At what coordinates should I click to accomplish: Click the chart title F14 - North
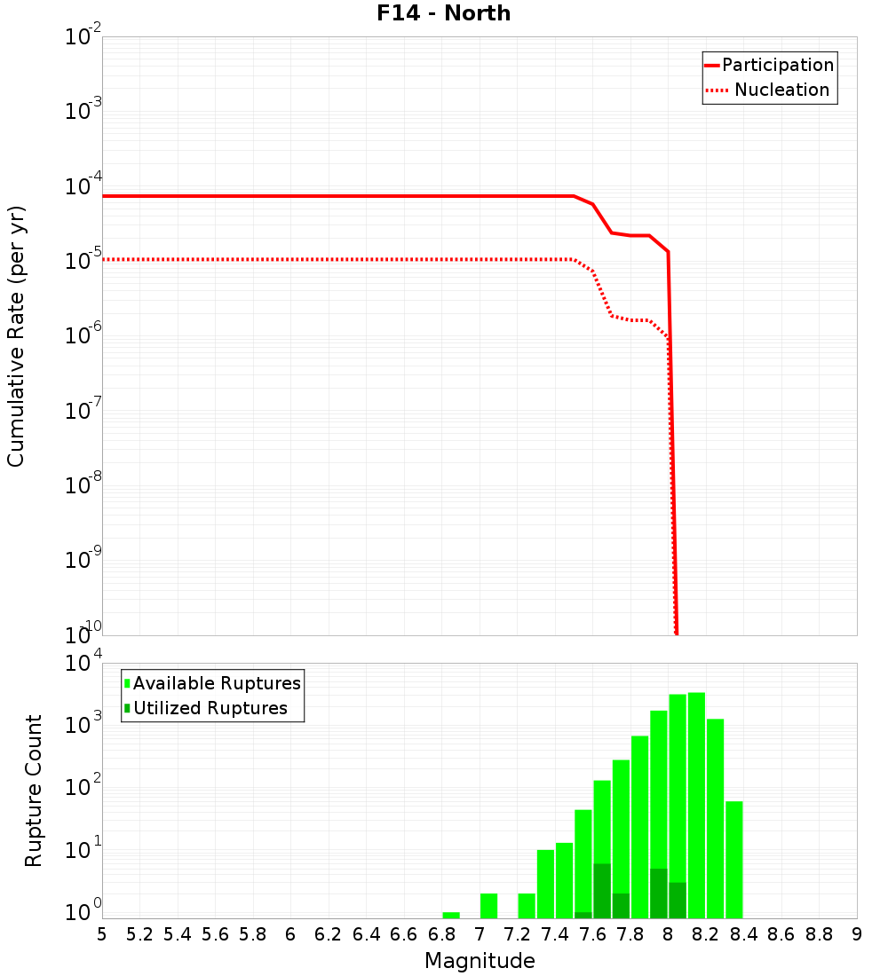point(442,13)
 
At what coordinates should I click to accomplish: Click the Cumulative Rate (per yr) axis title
point(16,336)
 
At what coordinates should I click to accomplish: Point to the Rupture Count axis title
point(34,791)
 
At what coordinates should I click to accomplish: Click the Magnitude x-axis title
point(480,961)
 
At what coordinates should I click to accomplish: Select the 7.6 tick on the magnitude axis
point(592,934)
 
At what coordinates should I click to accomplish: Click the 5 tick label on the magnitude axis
point(102,934)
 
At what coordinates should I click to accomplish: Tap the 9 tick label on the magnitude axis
point(856,934)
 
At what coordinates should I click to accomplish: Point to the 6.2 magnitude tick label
point(329,934)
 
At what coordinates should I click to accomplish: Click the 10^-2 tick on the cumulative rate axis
point(83,38)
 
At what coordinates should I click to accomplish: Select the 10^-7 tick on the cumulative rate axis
point(83,412)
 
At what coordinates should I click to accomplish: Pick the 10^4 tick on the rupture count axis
point(83,665)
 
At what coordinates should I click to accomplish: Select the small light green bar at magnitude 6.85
point(451,915)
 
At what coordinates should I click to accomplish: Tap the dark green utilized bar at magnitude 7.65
point(602,891)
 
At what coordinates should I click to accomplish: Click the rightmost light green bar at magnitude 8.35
point(733,860)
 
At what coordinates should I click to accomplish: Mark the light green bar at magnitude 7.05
point(488,906)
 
